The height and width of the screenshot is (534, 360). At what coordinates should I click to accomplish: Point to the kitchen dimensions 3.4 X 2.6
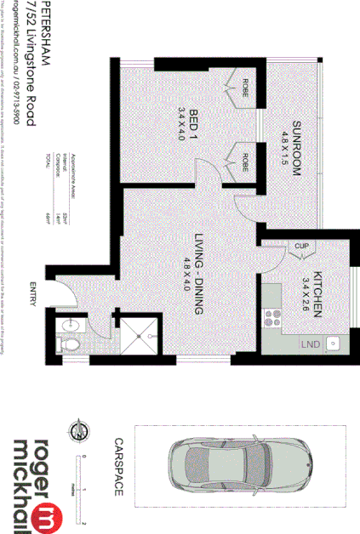pos(306,293)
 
